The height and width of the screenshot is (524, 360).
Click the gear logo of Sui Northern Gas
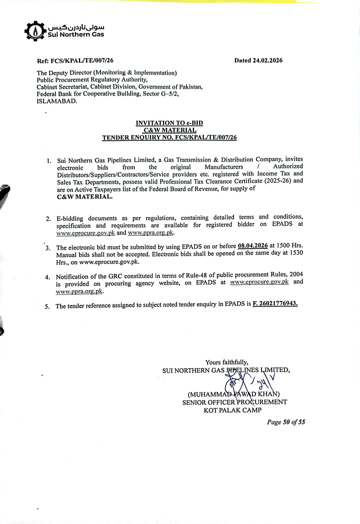[35, 32]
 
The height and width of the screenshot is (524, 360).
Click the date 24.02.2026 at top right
[267, 60]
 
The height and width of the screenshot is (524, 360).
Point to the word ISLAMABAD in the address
[57, 101]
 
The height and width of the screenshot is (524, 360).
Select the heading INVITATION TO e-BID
[169, 123]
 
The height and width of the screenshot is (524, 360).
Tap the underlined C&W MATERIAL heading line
[170, 130]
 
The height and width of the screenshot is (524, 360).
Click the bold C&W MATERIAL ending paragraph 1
[85, 197]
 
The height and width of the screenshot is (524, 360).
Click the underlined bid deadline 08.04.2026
[253, 246]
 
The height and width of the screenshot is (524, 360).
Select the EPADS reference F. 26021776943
[275, 303]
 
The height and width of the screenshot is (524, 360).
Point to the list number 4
[48, 277]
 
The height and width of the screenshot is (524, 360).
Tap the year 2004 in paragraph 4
[296, 274]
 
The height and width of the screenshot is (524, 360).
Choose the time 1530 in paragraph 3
[296, 253]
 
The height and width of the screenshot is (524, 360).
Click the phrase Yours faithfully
[226, 362]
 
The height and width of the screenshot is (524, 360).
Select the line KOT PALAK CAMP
[233, 410]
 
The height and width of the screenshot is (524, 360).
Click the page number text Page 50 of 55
[286, 422]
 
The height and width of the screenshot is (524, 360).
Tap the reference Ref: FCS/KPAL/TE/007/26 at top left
[75, 61]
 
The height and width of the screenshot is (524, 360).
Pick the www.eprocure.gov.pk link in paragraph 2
[85, 233]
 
